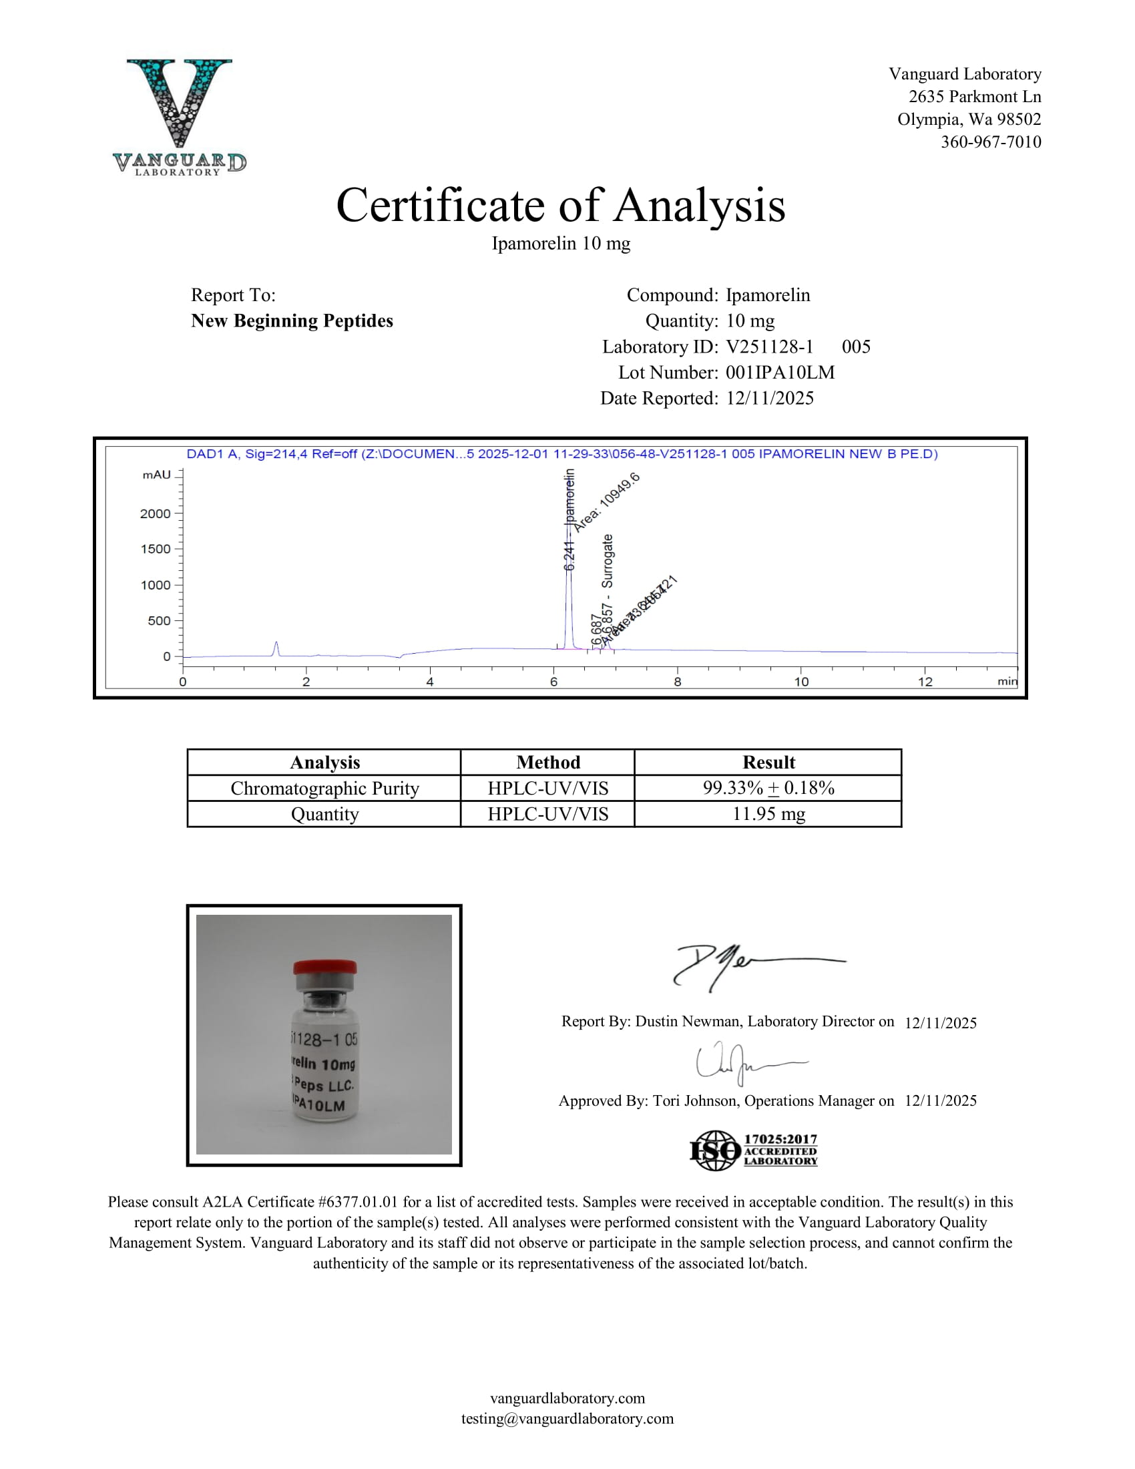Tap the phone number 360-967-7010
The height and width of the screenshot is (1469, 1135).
click(990, 142)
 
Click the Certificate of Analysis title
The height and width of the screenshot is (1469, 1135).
click(560, 205)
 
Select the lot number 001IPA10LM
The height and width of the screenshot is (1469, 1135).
click(780, 373)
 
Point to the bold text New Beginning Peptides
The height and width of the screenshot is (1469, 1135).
click(292, 321)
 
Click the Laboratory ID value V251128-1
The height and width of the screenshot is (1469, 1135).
click(769, 347)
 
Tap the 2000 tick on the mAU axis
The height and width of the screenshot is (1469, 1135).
click(156, 514)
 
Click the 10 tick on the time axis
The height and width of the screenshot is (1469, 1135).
click(801, 681)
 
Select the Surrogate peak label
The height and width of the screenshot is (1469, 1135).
click(608, 561)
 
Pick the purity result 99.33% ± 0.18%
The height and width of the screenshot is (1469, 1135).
click(768, 788)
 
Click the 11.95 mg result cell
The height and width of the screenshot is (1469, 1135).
click(768, 814)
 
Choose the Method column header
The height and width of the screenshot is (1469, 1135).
click(547, 762)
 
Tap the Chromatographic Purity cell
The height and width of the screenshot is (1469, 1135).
click(324, 788)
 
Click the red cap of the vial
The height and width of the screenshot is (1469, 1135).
click(324, 968)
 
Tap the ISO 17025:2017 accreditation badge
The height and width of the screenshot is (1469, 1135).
click(753, 1150)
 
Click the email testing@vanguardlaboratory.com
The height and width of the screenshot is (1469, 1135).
click(567, 1418)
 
